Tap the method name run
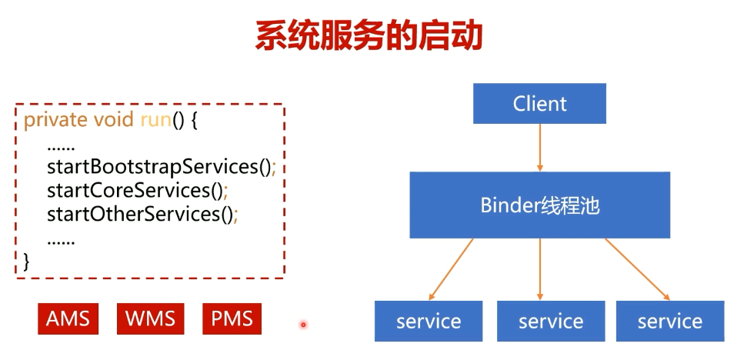point(154,121)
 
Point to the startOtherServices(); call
point(142,213)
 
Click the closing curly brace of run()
point(27,261)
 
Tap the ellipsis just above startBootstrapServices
point(61,145)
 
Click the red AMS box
point(68,318)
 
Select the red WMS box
point(151,318)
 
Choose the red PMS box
point(232,318)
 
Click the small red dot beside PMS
point(303,325)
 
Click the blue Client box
point(539,103)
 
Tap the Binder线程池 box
point(539,205)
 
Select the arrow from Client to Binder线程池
point(539,147)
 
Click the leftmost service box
point(429,321)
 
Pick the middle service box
point(550,321)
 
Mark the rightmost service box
point(669,321)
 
